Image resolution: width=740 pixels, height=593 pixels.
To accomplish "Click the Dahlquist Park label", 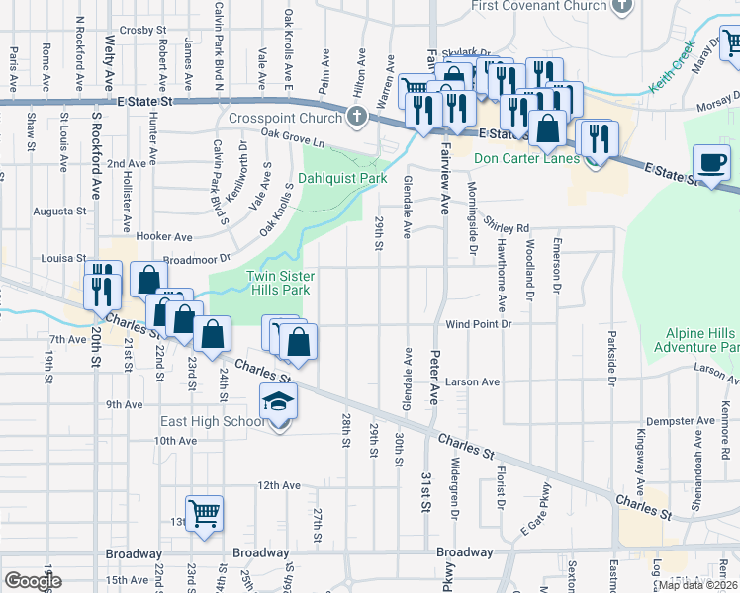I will click(x=342, y=179).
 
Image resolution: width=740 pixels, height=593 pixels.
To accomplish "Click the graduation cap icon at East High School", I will click(x=278, y=402).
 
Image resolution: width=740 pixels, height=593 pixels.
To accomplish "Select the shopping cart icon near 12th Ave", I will click(x=205, y=511).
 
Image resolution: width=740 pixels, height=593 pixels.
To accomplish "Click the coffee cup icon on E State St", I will click(x=712, y=161).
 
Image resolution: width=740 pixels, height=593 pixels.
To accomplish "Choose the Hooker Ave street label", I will click(x=164, y=237).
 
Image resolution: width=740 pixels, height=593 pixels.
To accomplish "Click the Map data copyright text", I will click(x=697, y=585).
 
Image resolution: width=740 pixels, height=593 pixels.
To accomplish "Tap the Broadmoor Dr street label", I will click(x=196, y=259).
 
